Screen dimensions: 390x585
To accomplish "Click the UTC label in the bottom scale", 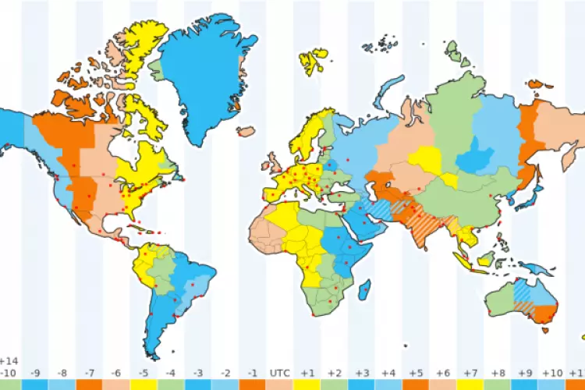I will point(279,374).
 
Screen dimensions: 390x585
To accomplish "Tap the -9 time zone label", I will point(36,374).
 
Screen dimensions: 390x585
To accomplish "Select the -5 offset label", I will point(144,374).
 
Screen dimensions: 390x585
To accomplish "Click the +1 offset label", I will point(307,374).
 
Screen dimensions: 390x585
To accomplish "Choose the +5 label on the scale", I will point(416,374).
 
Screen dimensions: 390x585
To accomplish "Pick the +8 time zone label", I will point(497,374).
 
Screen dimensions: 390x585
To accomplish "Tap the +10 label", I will point(551,374).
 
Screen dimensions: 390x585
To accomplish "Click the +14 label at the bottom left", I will point(9,362).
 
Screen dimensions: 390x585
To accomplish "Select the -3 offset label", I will point(198,374).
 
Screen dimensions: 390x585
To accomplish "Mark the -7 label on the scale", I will point(90,374).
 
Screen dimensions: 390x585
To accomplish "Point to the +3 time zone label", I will point(361,374).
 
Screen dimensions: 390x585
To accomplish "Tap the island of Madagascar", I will point(365,291).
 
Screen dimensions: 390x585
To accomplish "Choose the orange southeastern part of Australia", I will point(543,312).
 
